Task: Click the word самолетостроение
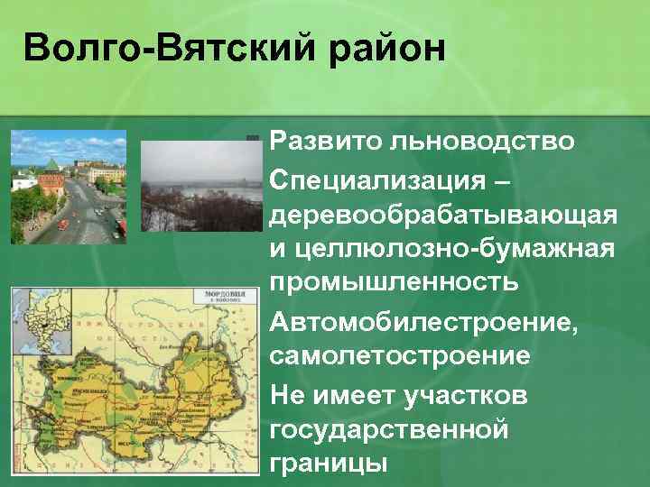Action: pos(400,354)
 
